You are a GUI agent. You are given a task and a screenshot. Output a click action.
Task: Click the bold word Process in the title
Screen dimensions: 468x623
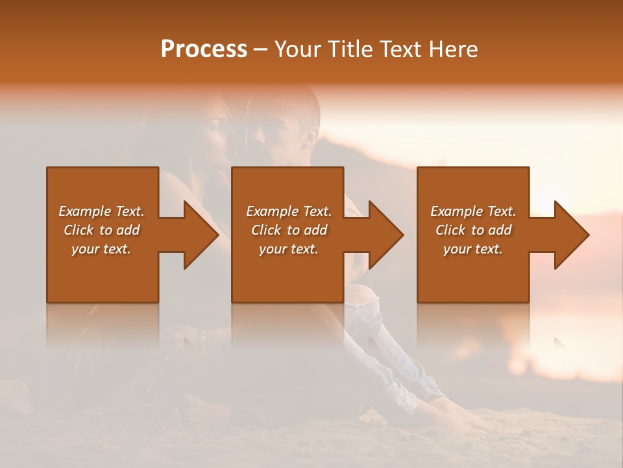coord(204,49)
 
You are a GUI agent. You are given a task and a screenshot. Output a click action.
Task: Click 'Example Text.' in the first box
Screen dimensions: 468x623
coord(101,211)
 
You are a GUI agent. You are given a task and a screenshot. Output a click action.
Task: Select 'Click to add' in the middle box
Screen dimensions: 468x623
coord(289,230)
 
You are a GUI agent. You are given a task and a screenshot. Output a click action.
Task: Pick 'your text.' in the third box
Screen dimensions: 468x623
coord(473,249)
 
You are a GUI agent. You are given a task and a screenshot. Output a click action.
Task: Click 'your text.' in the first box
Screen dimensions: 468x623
coord(101,249)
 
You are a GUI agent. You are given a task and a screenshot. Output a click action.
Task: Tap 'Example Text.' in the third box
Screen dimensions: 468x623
coord(473,211)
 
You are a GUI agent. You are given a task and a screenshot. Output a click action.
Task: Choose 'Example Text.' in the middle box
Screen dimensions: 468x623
coord(289,211)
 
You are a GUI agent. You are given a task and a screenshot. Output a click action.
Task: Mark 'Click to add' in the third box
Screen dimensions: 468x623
coord(473,230)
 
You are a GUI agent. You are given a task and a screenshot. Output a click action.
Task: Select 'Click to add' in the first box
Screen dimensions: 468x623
coord(101,230)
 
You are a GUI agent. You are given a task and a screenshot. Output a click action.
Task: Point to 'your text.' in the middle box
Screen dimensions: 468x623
coord(289,249)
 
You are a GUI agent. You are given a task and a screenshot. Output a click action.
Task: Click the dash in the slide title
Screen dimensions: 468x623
coord(260,49)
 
